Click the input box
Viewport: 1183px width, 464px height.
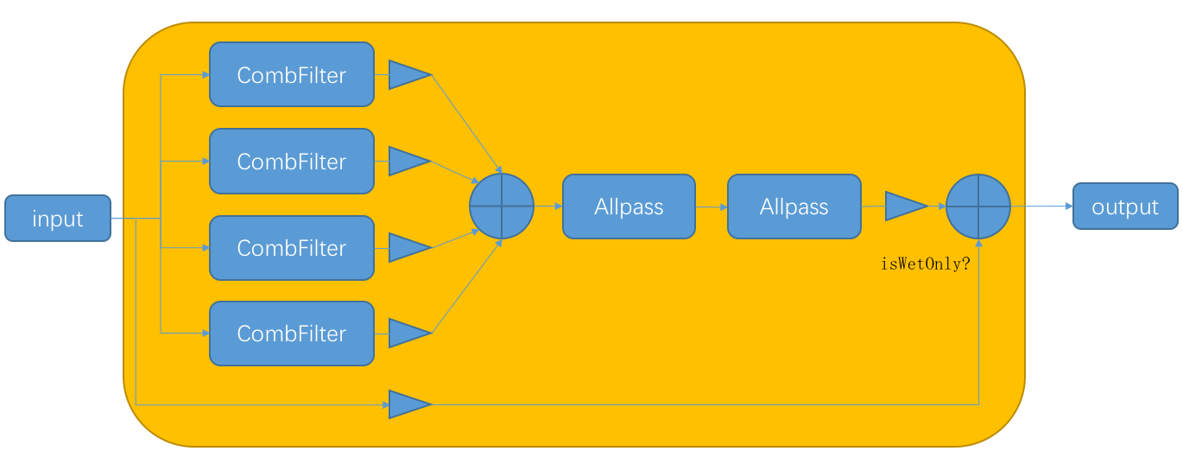[x=58, y=219]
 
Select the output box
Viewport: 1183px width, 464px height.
[x=1125, y=207]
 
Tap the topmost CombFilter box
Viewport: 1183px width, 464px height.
[x=292, y=75]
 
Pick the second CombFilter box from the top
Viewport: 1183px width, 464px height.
[x=292, y=162]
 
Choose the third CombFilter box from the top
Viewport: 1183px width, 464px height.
[x=292, y=248]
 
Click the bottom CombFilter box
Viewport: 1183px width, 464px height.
[x=292, y=334]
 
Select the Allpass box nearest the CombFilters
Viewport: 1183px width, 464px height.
[x=629, y=207]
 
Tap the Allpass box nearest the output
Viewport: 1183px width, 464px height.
[x=794, y=207]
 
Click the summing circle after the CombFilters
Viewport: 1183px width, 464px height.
[x=502, y=206]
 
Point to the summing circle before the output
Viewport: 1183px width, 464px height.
[x=978, y=206]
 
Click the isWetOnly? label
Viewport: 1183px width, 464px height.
[x=925, y=264]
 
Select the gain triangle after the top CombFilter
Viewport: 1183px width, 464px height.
[x=408, y=75]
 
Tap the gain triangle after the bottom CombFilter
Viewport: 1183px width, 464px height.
[x=408, y=334]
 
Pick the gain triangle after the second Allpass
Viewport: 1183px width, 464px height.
[x=905, y=207]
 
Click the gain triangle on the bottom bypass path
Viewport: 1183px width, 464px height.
[x=408, y=404]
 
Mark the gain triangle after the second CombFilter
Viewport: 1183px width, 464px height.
[x=408, y=162]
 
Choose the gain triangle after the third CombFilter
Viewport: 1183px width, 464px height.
[x=408, y=248]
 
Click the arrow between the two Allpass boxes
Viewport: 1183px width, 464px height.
[x=712, y=207]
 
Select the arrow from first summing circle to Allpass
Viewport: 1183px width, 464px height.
[x=548, y=207]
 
